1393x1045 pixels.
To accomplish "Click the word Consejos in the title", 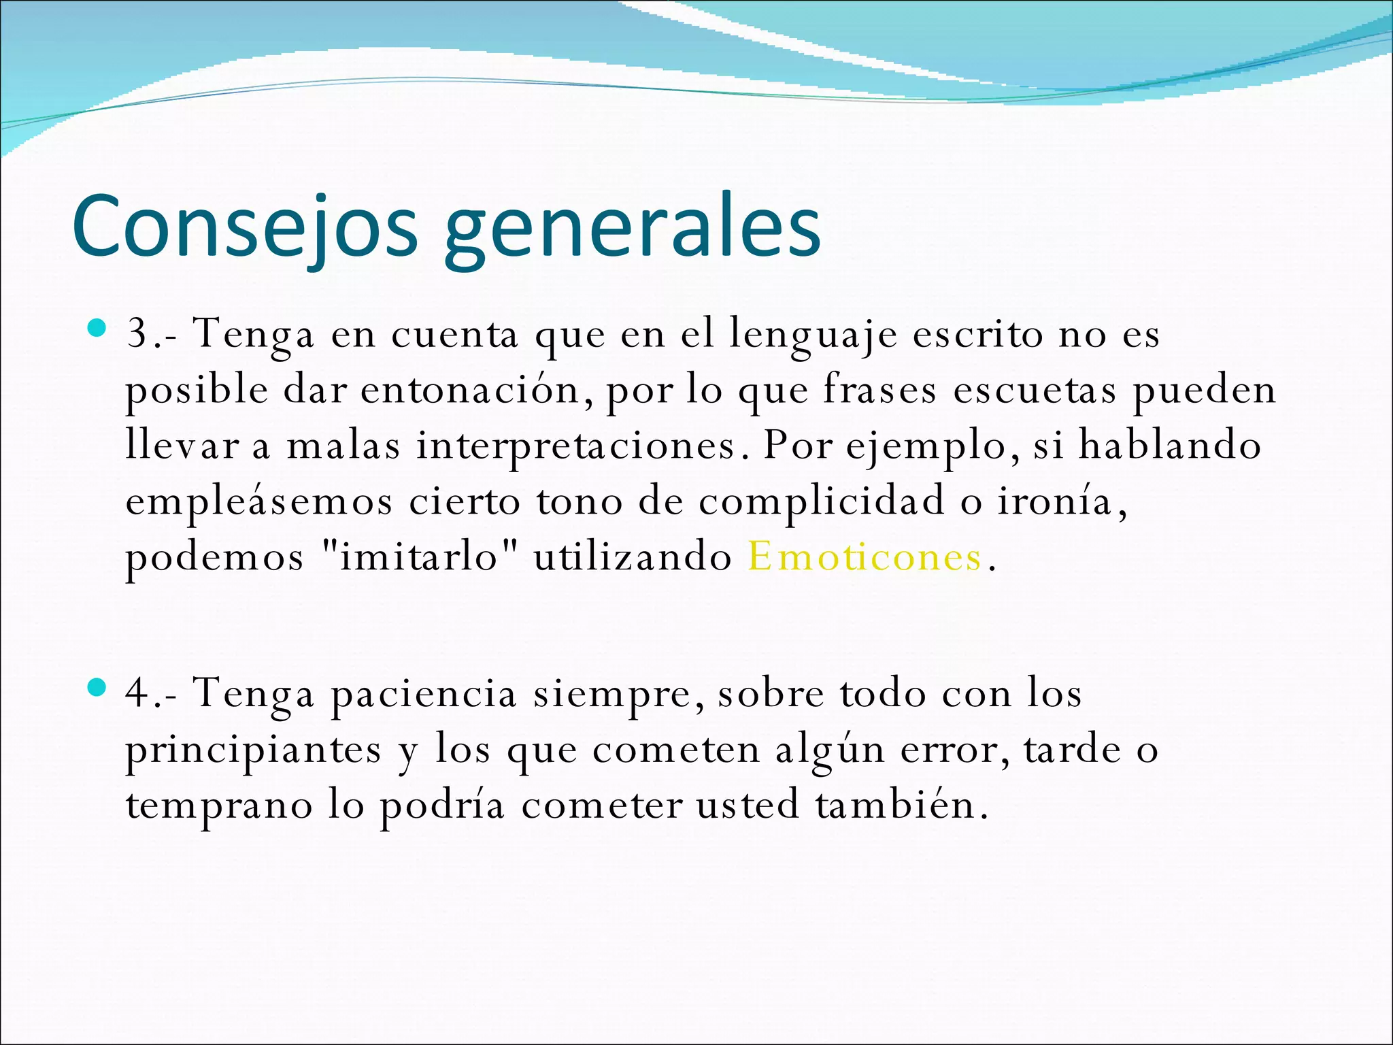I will [x=244, y=226].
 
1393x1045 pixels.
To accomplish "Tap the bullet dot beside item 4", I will [x=97, y=688].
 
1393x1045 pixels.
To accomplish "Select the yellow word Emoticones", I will [x=865, y=557].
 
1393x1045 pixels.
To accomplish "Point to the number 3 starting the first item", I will [x=138, y=333].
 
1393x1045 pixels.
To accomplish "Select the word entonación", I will [x=469, y=391].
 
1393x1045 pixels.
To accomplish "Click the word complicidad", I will [x=822, y=502].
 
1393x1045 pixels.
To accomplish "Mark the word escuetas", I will [x=1034, y=391].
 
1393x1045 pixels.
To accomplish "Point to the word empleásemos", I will [x=259, y=502].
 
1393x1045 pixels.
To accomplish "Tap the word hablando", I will [x=1170, y=445].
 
